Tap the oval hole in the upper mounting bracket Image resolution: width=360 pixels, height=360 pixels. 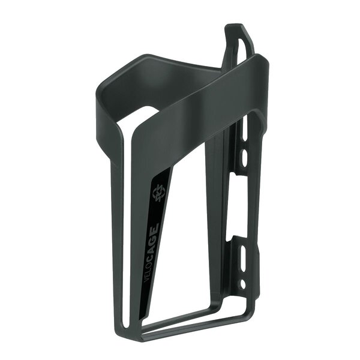[244, 157]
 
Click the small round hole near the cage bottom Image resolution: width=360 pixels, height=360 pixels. [242, 282]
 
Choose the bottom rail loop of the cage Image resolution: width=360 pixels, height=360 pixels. [180, 328]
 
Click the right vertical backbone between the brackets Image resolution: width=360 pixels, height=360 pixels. [255, 204]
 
